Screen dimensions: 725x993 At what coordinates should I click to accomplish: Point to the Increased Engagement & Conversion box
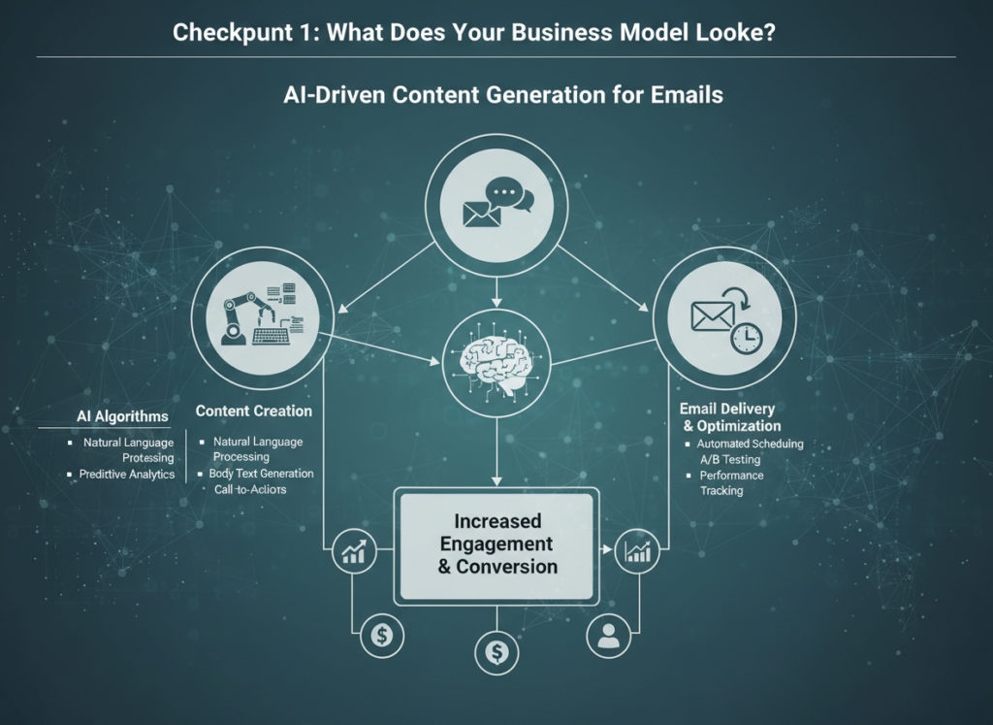496,544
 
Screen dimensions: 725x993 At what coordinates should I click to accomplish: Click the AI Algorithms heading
122,416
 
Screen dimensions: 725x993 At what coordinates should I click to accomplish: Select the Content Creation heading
254,411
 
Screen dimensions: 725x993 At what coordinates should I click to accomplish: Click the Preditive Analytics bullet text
127,475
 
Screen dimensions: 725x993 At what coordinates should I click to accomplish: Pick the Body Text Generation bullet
262,474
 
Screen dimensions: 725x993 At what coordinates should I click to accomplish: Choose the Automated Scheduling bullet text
750,444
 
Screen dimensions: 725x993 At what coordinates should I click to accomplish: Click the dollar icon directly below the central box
496,652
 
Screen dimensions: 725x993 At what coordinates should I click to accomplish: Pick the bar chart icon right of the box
638,551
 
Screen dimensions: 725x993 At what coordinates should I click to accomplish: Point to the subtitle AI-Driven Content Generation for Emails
503,95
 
